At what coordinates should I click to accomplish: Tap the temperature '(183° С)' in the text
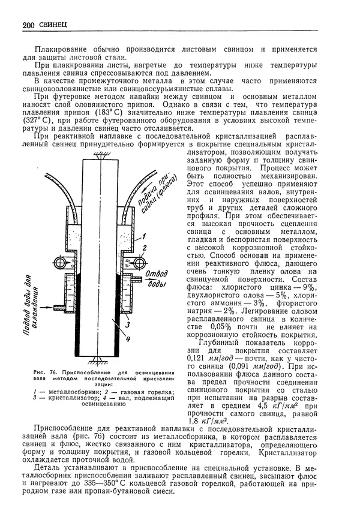pos(116,112)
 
